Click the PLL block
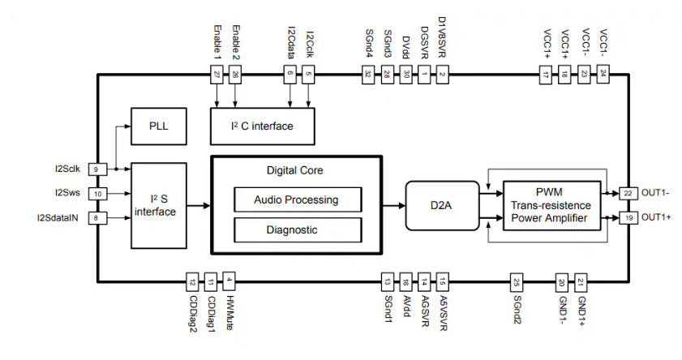[x=157, y=126]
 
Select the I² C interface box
[x=263, y=126]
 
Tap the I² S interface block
[x=159, y=205]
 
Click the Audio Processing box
[x=296, y=199]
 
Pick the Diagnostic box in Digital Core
[x=296, y=229]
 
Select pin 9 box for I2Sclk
[x=97, y=169]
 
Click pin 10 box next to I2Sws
[x=97, y=194]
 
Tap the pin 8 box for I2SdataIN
[x=97, y=217]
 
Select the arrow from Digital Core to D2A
[x=394, y=206]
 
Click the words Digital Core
[x=296, y=170]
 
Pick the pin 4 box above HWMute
[x=229, y=281]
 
